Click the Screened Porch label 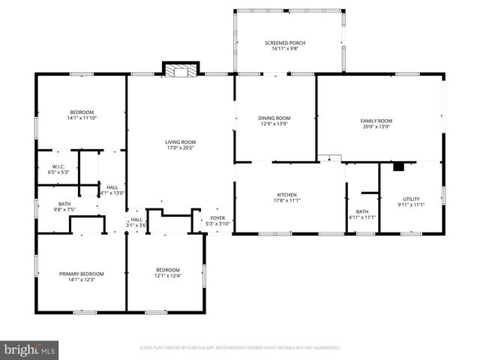point(285,43)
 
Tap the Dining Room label point(274,118)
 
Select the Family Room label point(376,121)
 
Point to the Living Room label point(180,142)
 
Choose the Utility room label point(411,199)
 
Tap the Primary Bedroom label point(82,274)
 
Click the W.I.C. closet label point(59,166)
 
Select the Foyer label point(217,218)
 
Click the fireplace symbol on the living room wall point(180,71)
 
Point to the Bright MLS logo point(30,349)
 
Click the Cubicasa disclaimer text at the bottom point(240,348)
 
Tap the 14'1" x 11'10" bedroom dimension point(82,118)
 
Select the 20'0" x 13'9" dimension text point(376,126)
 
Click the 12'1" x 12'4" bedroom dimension point(167,275)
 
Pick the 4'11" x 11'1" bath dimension point(362,217)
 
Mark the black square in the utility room point(399,166)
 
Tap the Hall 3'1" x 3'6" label point(136,222)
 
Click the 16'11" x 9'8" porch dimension point(285,49)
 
